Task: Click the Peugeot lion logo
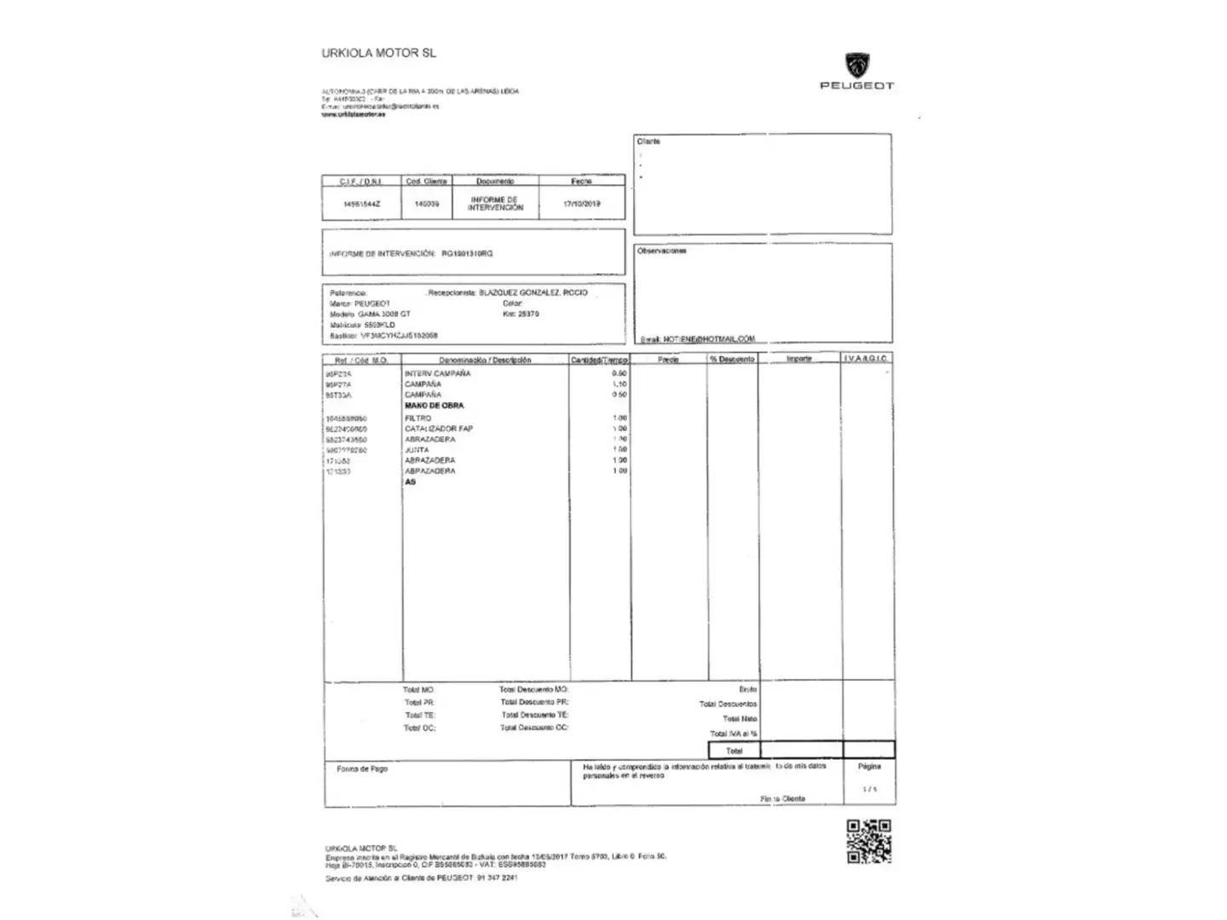pyautogui.click(x=857, y=66)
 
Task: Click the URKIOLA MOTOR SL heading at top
pyautogui.click(x=378, y=53)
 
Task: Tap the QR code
pyautogui.click(x=868, y=842)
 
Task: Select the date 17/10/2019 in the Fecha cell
pyautogui.click(x=582, y=204)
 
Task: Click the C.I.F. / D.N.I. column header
pyautogui.click(x=361, y=181)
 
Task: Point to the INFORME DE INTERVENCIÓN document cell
pyautogui.click(x=495, y=204)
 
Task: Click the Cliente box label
pyautogui.click(x=648, y=141)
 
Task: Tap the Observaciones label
pyautogui.click(x=661, y=251)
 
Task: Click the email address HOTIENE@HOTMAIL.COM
pyautogui.click(x=708, y=339)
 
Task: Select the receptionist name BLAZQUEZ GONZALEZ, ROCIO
pyautogui.click(x=533, y=292)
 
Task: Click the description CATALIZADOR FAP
pyautogui.click(x=438, y=428)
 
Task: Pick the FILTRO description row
pyautogui.click(x=418, y=418)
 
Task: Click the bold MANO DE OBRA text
pyautogui.click(x=434, y=406)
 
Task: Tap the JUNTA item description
pyautogui.click(x=417, y=450)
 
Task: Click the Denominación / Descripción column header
pyautogui.click(x=485, y=360)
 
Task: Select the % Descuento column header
pyautogui.click(x=732, y=359)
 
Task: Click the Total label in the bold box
pyautogui.click(x=734, y=750)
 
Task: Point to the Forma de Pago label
pyautogui.click(x=362, y=769)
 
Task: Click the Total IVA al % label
pyautogui.click(x=734, y=733)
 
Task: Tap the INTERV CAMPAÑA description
pyautogui.click(x=437, y=374)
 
